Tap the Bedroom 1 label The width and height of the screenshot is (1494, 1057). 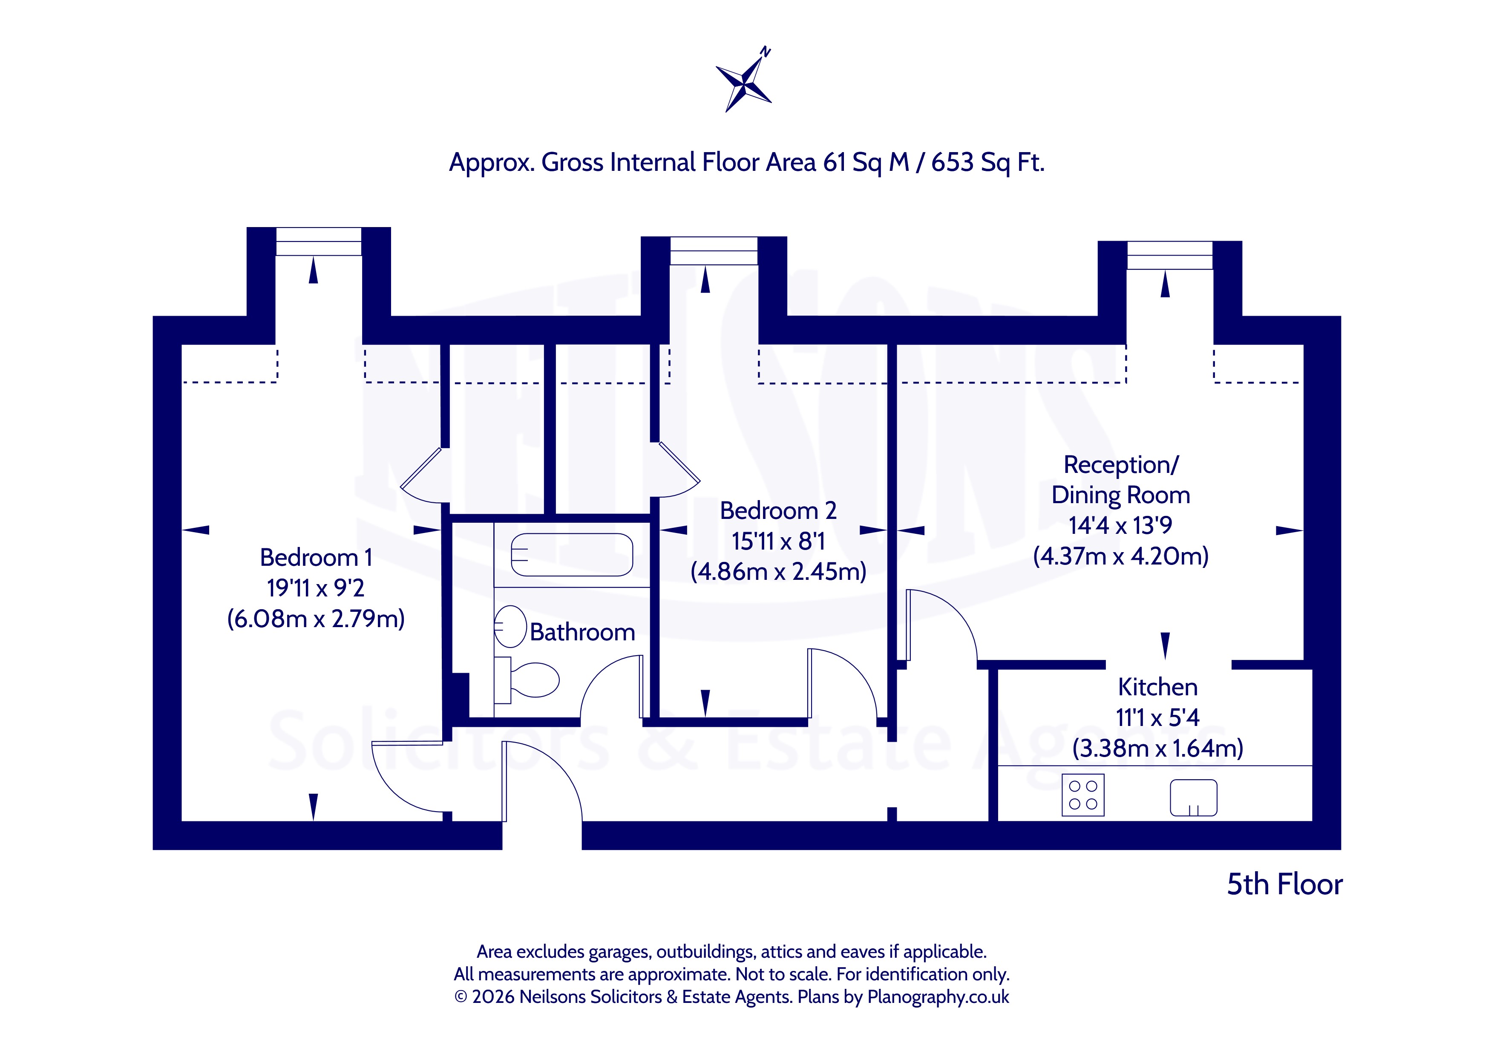316,558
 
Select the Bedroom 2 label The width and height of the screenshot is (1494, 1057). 778,511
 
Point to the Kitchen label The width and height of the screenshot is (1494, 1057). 1157,687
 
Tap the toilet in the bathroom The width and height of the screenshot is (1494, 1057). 527,680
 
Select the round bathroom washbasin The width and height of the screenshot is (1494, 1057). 511,626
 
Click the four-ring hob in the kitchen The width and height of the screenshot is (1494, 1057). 1083,795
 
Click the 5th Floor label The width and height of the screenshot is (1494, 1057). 1284,884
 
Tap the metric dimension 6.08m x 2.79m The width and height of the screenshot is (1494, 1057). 316,618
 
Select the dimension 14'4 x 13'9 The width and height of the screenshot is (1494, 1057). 1120,525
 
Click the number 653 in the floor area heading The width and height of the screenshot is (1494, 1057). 953,162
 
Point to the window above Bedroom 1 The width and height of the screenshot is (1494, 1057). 319,242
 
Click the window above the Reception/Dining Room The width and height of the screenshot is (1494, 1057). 1170,255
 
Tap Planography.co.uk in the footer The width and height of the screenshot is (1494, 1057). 938,997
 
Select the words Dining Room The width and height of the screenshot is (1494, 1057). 1120,495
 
